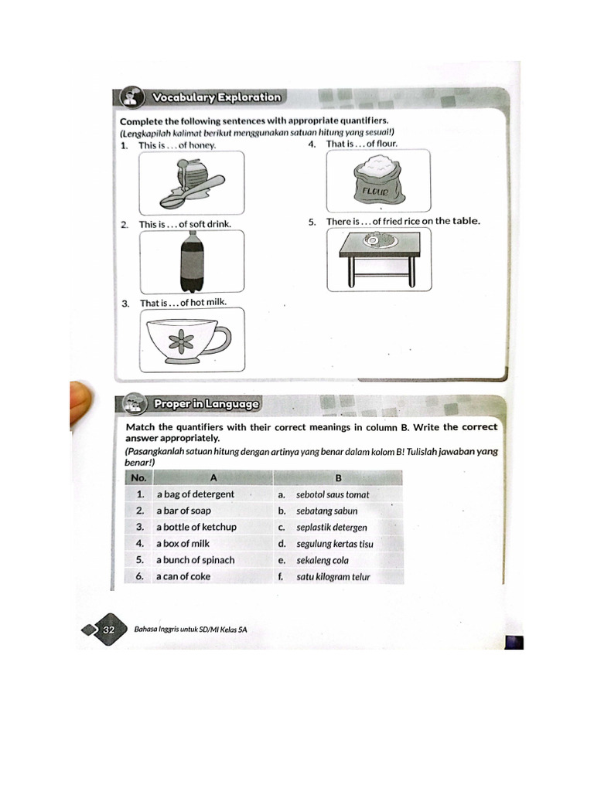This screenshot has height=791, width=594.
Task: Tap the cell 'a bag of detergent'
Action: [x=195, y=494]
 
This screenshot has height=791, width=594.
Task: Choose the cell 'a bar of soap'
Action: [x=183, y=511]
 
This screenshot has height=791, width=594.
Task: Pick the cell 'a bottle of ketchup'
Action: [x=196, y=527]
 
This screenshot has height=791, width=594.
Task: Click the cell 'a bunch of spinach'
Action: [x=195, y=560]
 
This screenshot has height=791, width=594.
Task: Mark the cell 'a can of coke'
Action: [x=183, y=576]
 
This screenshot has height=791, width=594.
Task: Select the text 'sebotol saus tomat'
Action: [x=333, y=494]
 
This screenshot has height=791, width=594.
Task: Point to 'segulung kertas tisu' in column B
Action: [x=335, y=544]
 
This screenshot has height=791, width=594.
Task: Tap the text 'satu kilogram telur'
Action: [x=333, y=576]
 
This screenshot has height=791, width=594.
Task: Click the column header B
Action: [x=338, y=477]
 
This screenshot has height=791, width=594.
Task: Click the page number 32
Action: [x=108, y=630]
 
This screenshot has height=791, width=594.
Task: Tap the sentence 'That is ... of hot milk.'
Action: [x=183, y=303]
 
